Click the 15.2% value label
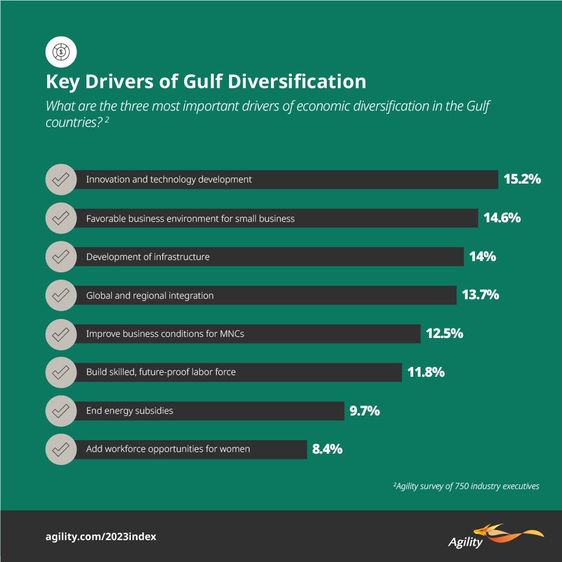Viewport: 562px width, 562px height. [522, 180]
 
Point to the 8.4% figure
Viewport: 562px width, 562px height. [327, 449]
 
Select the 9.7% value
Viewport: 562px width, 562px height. [364, 411]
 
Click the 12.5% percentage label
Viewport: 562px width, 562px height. [444, 333]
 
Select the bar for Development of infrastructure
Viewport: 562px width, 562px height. [269, 257]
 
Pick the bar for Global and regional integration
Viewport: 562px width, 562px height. [264, 295]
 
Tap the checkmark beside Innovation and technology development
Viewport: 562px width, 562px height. [61, 180]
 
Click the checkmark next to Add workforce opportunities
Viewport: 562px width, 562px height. [61, 449]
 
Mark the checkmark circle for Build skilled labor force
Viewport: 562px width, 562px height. [61, 372]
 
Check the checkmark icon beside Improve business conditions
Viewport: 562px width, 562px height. [61, 333]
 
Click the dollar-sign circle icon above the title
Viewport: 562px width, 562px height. [61, 53]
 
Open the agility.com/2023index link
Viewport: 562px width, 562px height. [100, 536]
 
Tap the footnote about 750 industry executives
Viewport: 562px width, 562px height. [466, 486]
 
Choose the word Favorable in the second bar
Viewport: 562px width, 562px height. [106, 218]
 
